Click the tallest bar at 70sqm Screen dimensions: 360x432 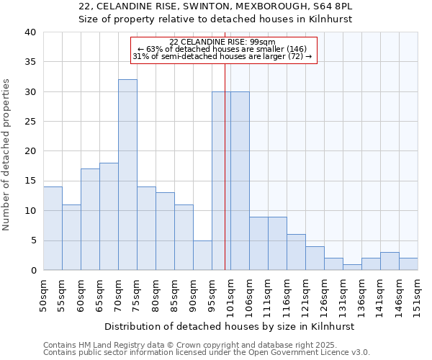[127, 175]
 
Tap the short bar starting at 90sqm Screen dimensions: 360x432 [202, 255]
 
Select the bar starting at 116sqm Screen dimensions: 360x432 [296, 252]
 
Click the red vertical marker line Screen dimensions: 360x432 [225, 166]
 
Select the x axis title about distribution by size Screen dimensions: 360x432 [230, 326]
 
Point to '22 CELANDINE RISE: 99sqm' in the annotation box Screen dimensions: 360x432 [222, 42]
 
